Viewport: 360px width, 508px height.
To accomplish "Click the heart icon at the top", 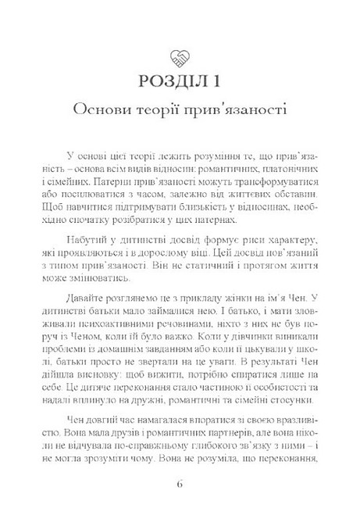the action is [x=180, y=55].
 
